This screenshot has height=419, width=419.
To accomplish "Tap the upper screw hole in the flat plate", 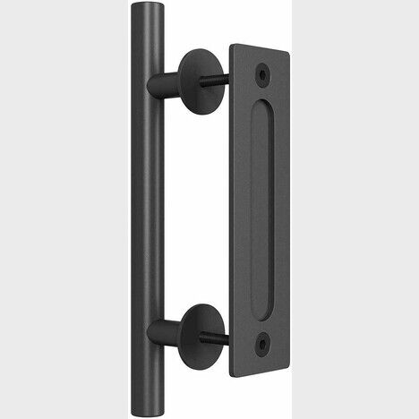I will pyautogui.click(x=265, y=67).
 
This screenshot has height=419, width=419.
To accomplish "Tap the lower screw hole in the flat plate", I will pyautogui.click(x=263, y=341).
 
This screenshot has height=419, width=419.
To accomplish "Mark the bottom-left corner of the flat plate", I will pyautogui.click(x=232, y=366).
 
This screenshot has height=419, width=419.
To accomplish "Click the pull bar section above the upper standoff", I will pyautogui.click(x=144, y=45).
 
